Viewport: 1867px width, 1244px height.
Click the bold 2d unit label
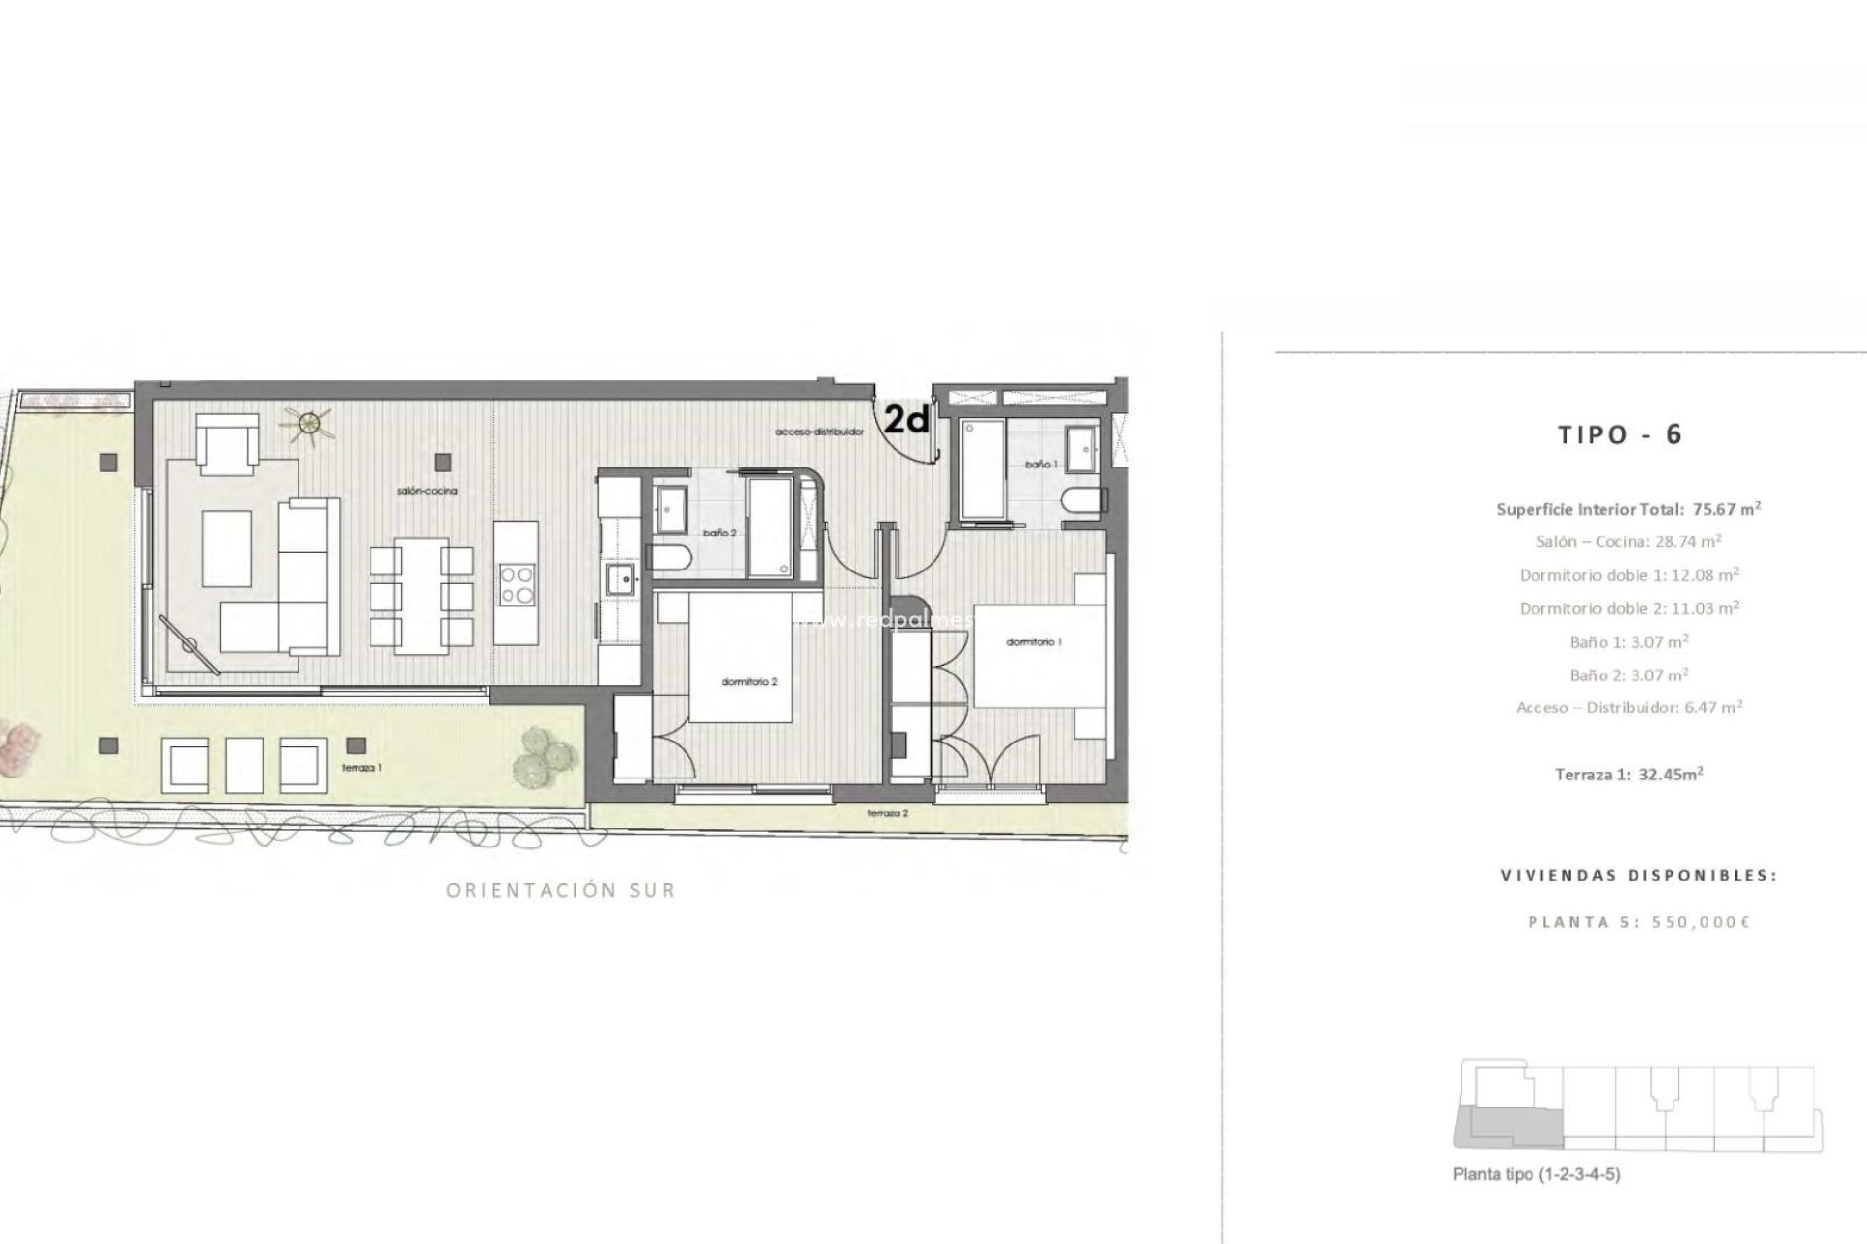click(x=906, y=420)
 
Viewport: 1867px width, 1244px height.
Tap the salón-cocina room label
click(x=426, y=492)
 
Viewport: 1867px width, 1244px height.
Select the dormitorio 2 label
click(x=749, y=681)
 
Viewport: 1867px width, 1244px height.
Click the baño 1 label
click(x=1039, y=466)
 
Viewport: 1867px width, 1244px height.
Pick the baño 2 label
click(x=720, y=533)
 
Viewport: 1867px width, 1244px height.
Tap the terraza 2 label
click(x=888, y=813)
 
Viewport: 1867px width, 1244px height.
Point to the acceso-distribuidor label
click(x=820, y=432)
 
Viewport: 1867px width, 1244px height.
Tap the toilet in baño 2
click(x=672, y=557)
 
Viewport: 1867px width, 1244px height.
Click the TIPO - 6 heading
click(x=1619, y=434)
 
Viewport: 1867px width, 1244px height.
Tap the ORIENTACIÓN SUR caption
click(x=560, y=890)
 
